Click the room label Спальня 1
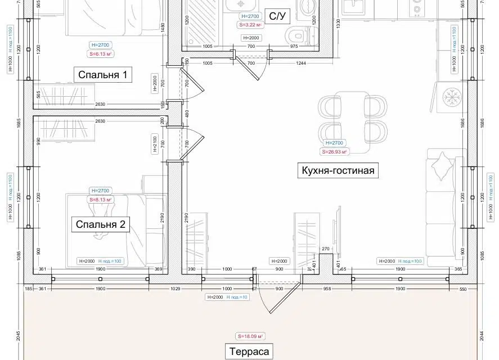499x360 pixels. [x=103, y=75]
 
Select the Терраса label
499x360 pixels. [x=249, y=352]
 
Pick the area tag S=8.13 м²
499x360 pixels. [x=101, y=200]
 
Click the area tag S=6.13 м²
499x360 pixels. [x=100, y=54]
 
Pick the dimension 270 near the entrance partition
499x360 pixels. [x=325, y=249]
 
